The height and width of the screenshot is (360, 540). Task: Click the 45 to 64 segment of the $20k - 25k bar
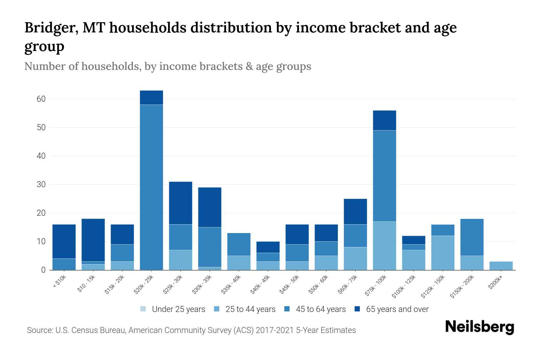[151, 187]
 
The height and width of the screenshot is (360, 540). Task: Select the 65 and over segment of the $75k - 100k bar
[384, 120]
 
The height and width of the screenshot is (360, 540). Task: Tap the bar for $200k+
[501, 266]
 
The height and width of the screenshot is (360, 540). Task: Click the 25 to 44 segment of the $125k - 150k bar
[442, 253]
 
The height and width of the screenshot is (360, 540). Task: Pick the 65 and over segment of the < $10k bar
[64, 241]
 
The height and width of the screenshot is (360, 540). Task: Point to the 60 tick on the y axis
[41, 99]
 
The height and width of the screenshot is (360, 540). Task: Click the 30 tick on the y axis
[41, 184]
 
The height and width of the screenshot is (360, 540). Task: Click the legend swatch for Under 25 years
[143, 309]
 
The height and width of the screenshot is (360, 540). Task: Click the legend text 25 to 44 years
[250, 309]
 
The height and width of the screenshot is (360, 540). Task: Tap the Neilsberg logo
[479, 327]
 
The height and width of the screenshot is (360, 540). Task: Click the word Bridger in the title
[51, 28]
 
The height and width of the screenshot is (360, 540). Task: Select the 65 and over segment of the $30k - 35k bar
[210, 207]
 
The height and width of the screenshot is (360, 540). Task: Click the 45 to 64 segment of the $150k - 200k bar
[472, 237]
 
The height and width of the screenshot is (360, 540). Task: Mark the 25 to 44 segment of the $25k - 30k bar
[181, 260]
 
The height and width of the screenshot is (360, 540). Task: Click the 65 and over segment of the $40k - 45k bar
[268, 247]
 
